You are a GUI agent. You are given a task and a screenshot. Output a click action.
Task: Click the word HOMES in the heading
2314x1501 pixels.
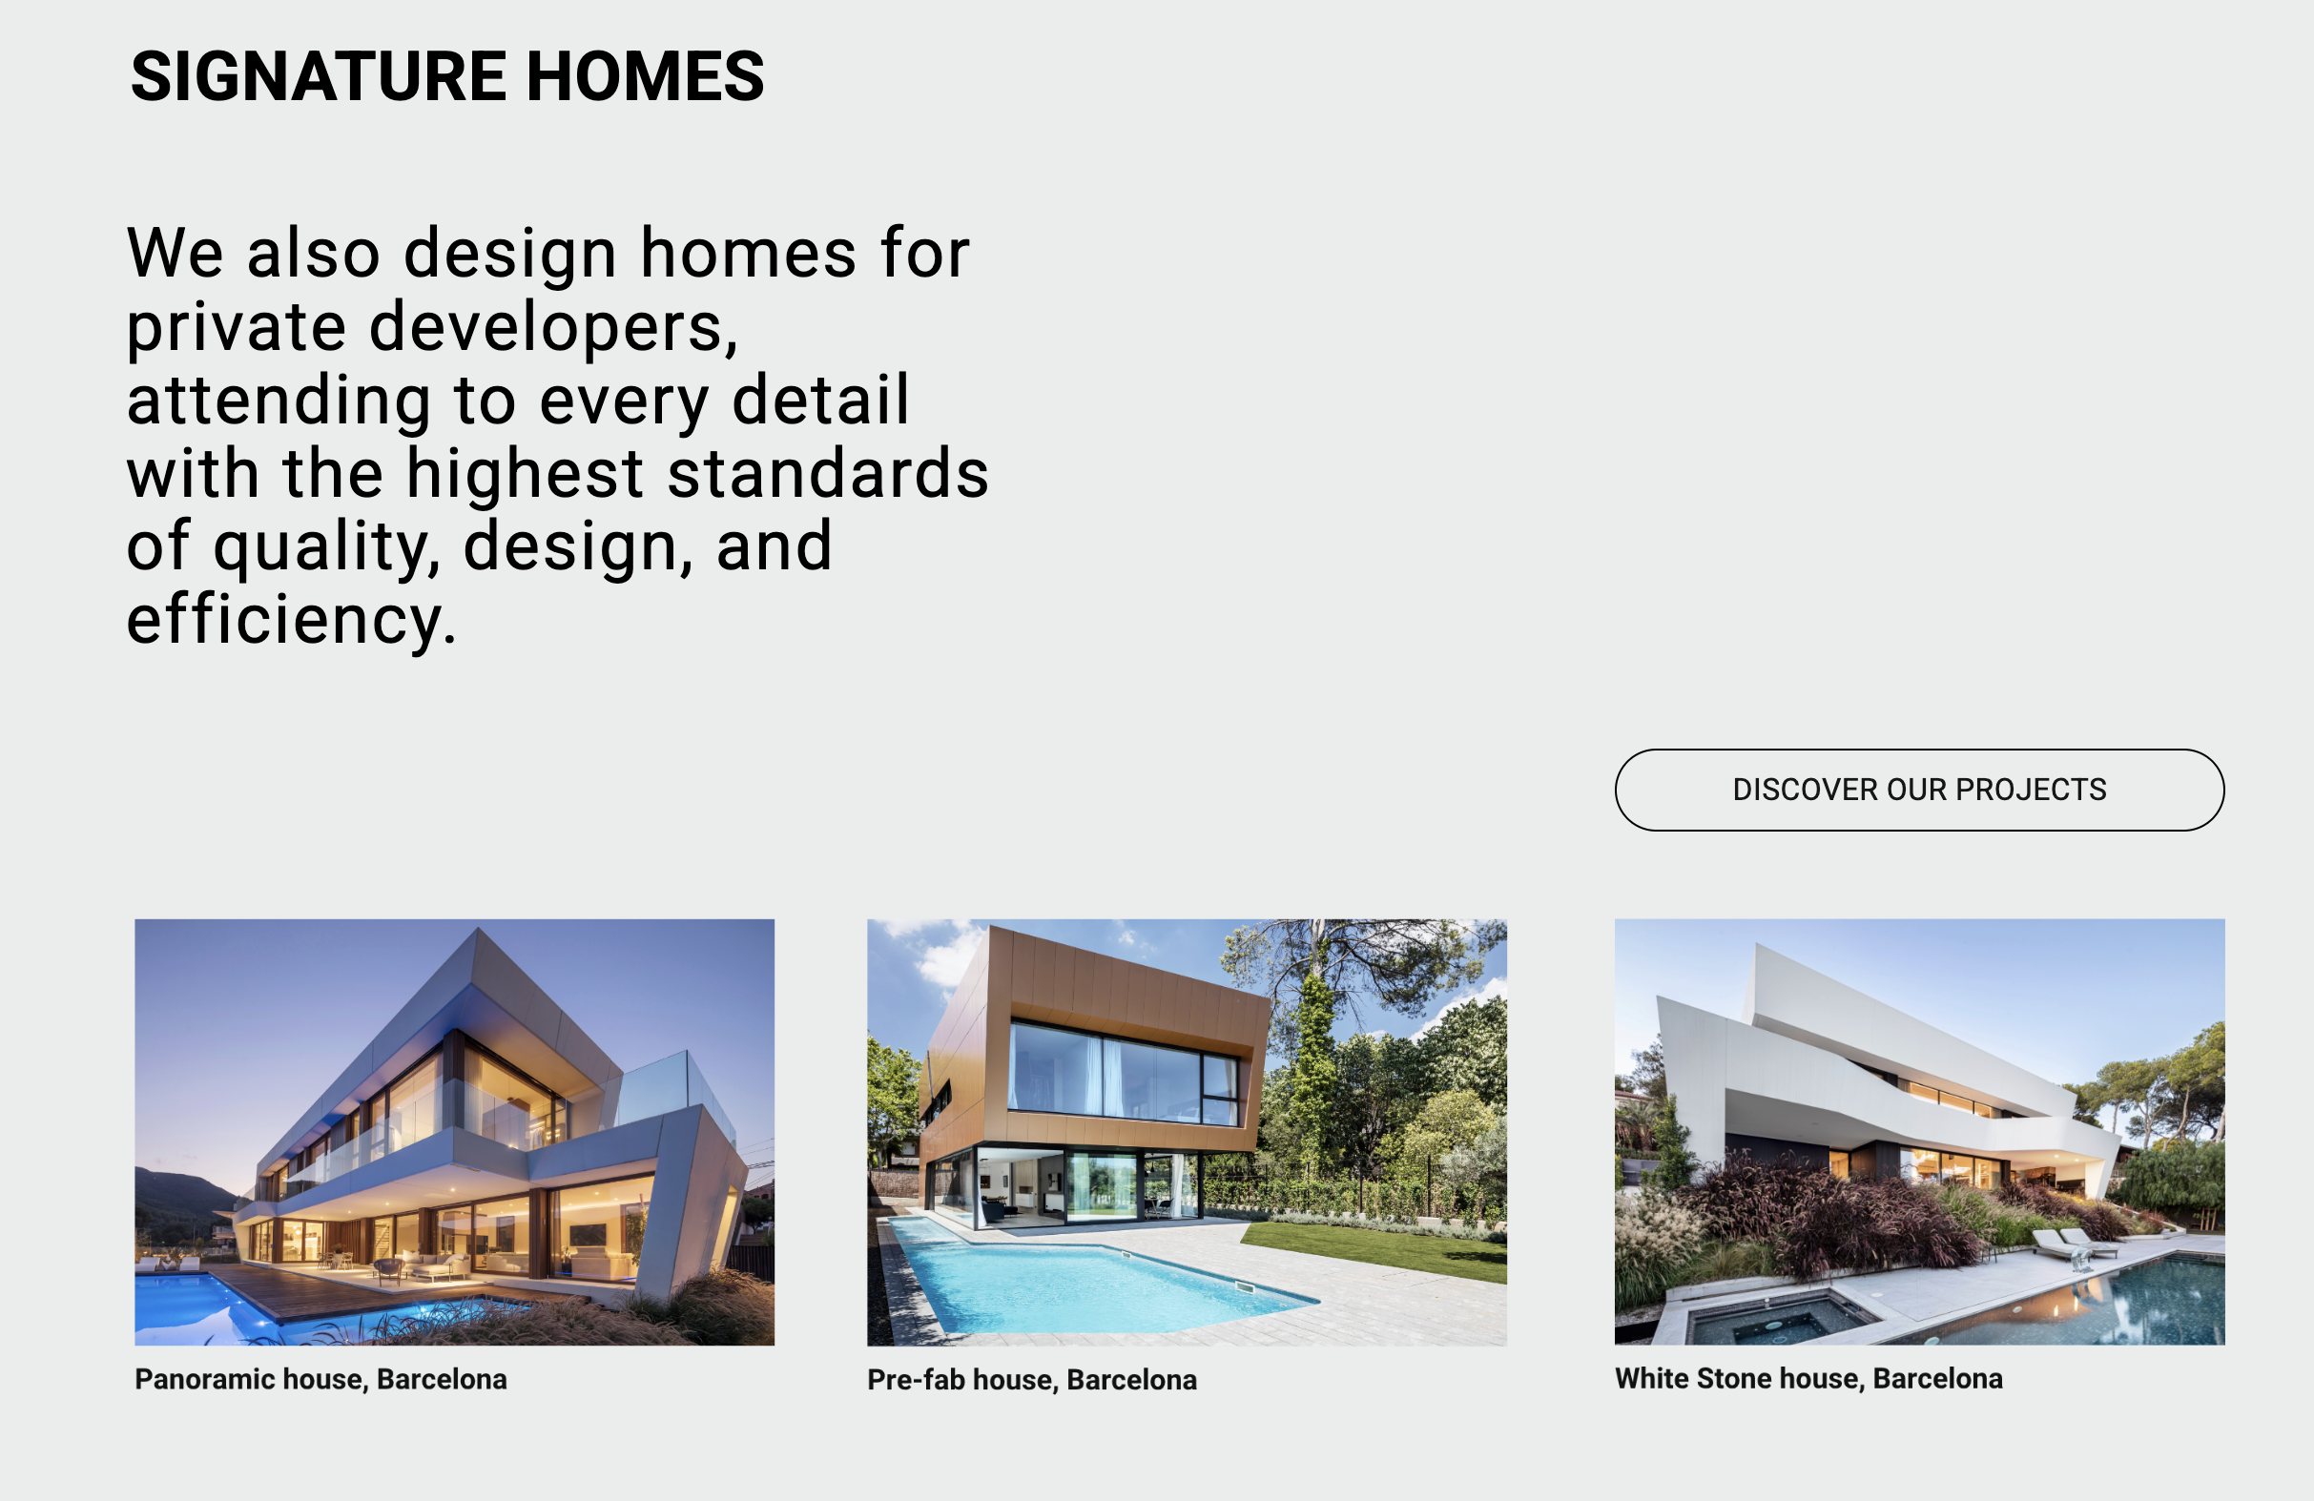646,76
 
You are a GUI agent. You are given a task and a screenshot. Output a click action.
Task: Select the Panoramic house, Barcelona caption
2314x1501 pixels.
320,1380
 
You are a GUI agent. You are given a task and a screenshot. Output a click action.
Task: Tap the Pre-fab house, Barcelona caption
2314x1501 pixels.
1032,1381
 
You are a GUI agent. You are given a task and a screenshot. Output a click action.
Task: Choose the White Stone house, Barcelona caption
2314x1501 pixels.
1808,1379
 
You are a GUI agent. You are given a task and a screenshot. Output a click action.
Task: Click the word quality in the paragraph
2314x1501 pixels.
321,547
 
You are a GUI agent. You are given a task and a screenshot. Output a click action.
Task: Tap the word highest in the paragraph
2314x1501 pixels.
525,474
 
